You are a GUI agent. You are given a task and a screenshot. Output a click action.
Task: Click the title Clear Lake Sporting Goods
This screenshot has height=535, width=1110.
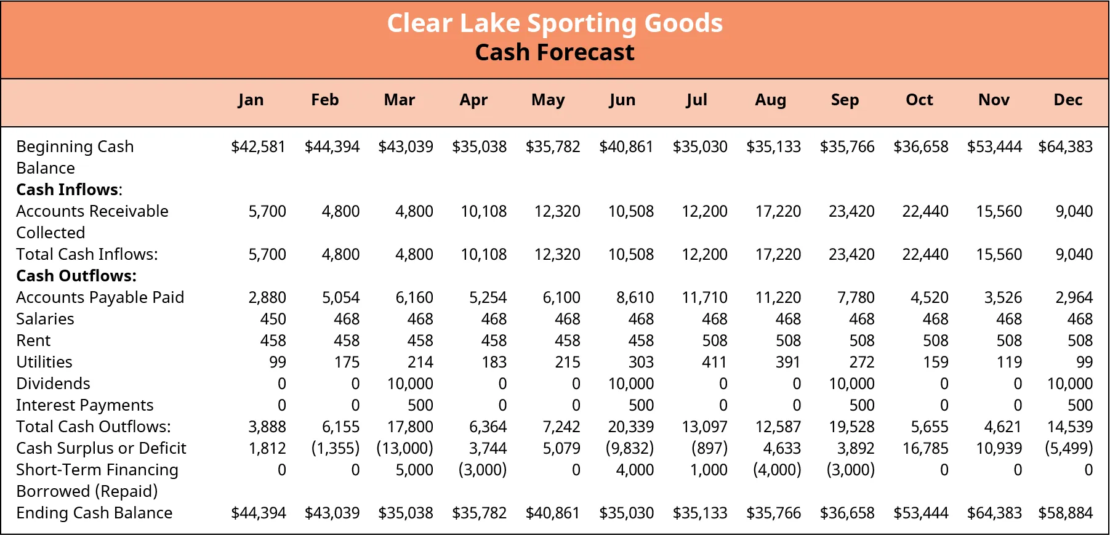555,23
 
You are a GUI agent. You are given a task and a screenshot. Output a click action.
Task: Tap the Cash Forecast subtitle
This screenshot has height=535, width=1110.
555,53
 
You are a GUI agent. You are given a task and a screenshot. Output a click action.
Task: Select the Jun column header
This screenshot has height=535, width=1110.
622,100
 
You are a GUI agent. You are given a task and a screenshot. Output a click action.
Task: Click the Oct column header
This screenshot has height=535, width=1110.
919,100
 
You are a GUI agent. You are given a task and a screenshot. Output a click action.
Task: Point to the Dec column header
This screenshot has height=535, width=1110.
1068,100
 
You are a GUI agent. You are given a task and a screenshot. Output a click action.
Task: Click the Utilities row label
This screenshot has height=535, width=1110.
44,362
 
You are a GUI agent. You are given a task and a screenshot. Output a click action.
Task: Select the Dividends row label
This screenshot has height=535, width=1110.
53,384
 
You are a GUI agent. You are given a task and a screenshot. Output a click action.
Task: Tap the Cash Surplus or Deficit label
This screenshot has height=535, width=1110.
101,448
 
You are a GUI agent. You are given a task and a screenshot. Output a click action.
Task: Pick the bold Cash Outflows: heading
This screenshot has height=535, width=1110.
76,276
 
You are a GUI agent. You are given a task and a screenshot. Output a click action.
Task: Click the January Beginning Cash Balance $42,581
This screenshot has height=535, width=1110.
258,147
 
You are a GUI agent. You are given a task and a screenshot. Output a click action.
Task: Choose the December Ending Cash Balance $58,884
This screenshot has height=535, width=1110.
1065,513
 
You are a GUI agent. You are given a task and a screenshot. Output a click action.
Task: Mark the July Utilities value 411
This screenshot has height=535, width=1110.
714,362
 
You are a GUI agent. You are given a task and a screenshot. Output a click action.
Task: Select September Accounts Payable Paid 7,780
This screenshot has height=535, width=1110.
856,297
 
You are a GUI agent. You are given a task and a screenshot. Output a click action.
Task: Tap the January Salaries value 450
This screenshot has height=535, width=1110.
273,319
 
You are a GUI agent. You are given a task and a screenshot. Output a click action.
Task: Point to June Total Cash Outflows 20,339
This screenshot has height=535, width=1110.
630,427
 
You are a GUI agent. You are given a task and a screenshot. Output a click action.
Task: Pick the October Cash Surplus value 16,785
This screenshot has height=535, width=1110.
925,448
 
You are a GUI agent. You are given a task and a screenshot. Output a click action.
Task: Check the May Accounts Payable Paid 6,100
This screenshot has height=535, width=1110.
561,297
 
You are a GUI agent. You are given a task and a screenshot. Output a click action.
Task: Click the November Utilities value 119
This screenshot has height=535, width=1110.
1009,362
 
